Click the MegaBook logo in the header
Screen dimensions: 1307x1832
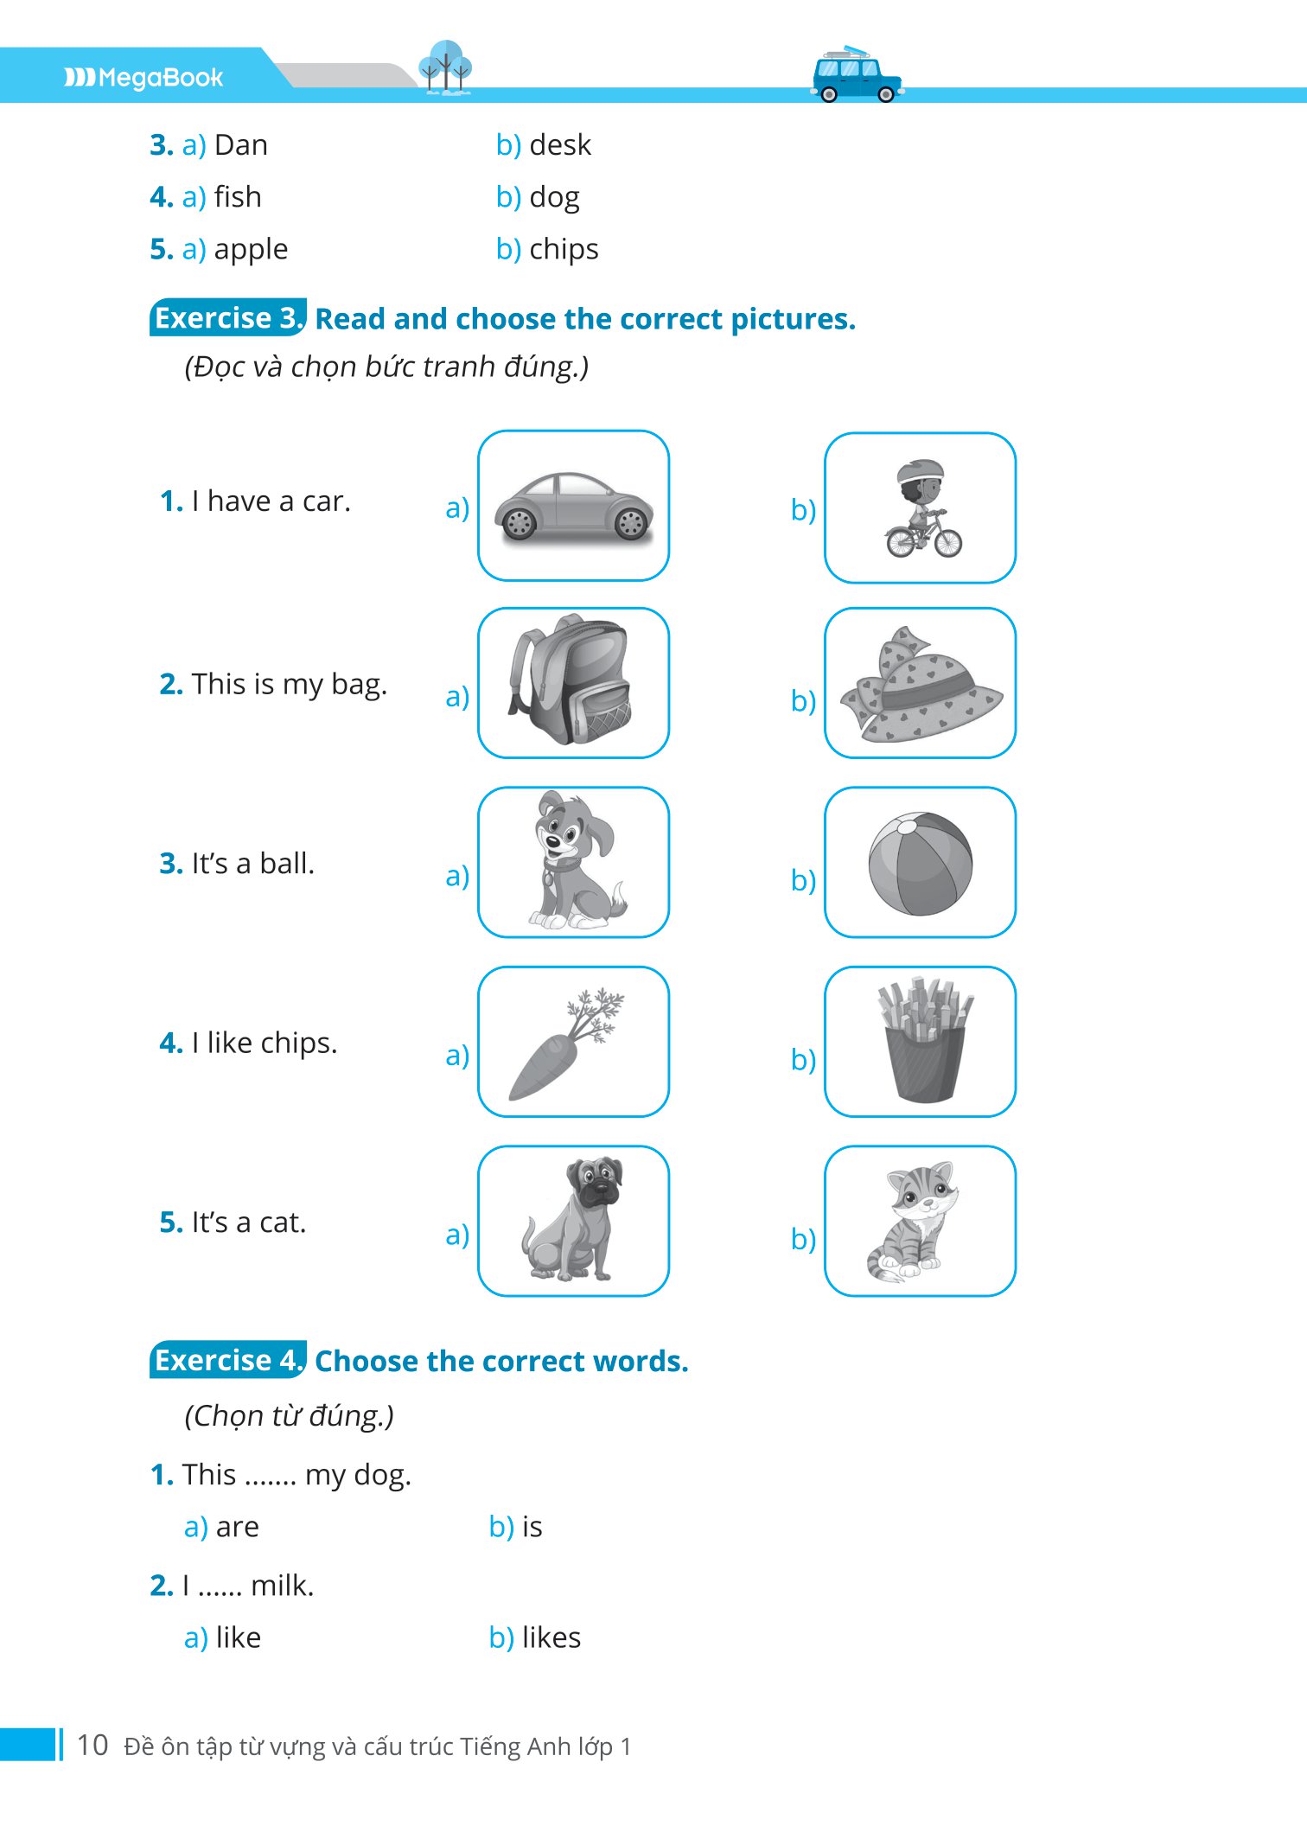tap(143, 78)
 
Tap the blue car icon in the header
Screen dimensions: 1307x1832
tap(857, 74)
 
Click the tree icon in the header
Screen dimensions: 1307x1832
tap(445, 67)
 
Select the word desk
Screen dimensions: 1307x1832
tap(560, 145)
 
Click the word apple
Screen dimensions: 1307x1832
tap(251, 250)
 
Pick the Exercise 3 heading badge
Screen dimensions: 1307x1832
tap(228, 318)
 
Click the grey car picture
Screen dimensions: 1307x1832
tap(574, 507)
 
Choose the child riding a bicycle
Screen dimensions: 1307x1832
tap(922, 508)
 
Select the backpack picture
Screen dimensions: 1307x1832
tap(571, 680)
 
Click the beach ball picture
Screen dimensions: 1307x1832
tap(921, 863)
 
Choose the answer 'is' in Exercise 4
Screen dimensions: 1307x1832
tap(532, 1527)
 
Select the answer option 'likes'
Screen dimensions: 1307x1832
tap(551, 1637)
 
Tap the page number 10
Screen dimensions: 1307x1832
tap(92, 1745)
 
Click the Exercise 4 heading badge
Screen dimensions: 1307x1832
tap(228, 1360)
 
